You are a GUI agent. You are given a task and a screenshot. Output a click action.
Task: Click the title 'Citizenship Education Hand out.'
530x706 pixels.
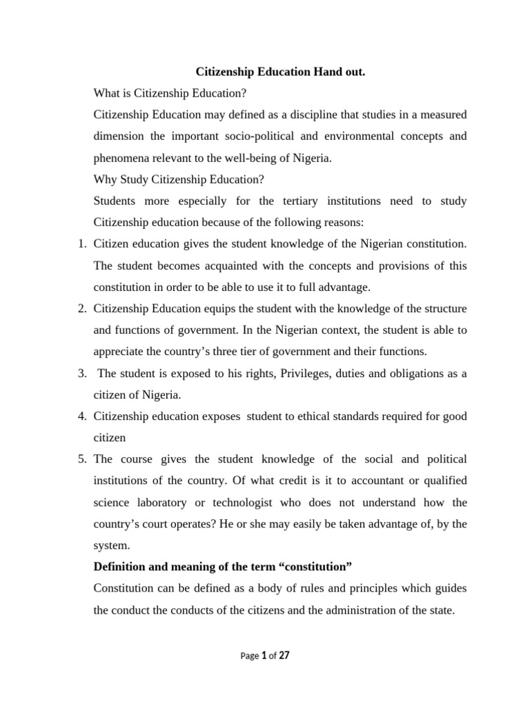click(280, 71)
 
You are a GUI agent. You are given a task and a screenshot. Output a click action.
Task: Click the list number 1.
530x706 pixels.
click(81, 244)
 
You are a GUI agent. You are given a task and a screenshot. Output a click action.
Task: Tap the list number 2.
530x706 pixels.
click(81, 308)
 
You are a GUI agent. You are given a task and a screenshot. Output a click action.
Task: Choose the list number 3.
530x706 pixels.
click(81, 373)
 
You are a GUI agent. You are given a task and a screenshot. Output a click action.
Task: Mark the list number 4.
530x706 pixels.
click(81, 416)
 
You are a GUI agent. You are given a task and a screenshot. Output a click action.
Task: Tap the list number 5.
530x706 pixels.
click(81, 459)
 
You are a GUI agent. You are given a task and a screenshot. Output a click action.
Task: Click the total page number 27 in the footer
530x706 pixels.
click(284, 656)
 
